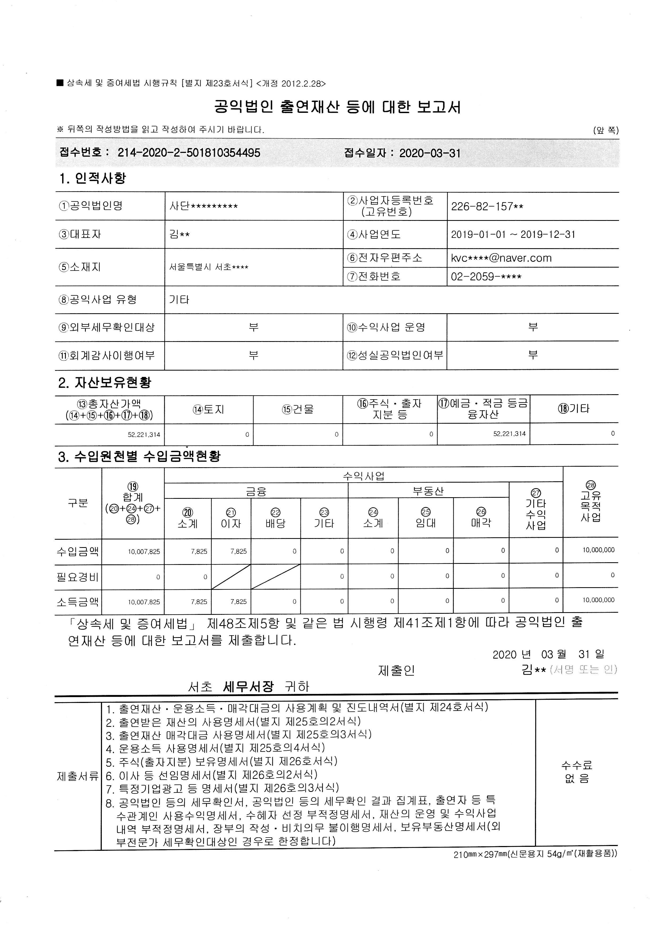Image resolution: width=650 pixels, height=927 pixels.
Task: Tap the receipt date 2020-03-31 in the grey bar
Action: coord(430,153)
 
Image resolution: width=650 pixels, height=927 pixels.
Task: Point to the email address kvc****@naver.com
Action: coord(501,258)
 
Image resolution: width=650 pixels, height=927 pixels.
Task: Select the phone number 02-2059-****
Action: coord(486,277)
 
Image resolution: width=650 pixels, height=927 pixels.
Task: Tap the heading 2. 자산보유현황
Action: coord(105,382)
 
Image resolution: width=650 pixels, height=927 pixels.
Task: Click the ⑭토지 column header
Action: coord(209,409)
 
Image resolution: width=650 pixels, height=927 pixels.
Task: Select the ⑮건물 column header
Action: coord(298,409)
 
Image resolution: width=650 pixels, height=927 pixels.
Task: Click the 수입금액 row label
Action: coord(78,551)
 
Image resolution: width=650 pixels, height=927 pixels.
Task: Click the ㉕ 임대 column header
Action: coord(426,518)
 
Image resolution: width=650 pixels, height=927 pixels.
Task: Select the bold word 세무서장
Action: coord(248,686)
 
